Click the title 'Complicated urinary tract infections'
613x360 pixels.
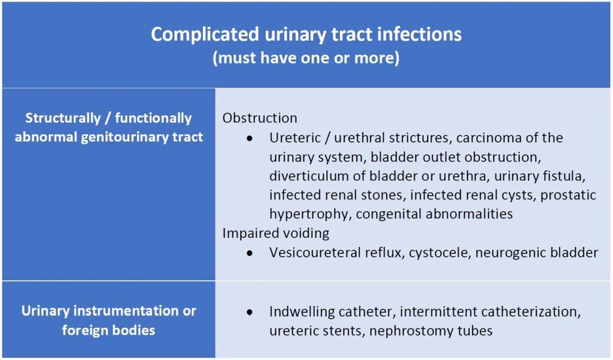pyautogui.click(x=306, y=34)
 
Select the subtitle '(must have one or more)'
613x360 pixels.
pyautogui.click(x=306, y=59)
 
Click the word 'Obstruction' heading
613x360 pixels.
pyautogui.click(x=259, y=118)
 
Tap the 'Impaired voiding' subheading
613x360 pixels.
pyautogui.click(x=275, y=233)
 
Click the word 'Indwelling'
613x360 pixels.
pyautogui.click(x=301, y=311)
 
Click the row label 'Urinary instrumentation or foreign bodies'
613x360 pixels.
pyautogui.click(x=108, y=320)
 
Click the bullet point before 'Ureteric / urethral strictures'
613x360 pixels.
pyautogui.click(x=250, y=138)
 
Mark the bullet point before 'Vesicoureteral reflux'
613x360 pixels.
pyautogui.click(x=250, y=253)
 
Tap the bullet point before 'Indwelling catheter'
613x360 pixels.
pyautogui.click(x=250, y=312)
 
